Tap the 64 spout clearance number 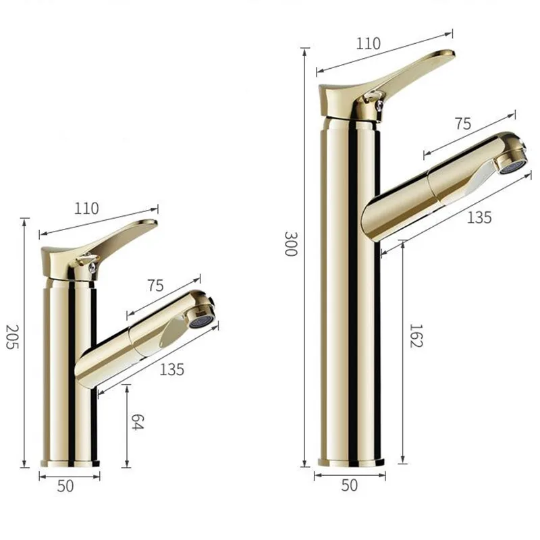click(x=137, y=424)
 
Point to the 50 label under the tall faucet click(x=350, y=485)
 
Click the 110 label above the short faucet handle click(x=87, y=208)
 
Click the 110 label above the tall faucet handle click(x=368, y=43)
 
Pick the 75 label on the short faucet click(x=155, y=285)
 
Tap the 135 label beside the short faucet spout click(x=172, y=369)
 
